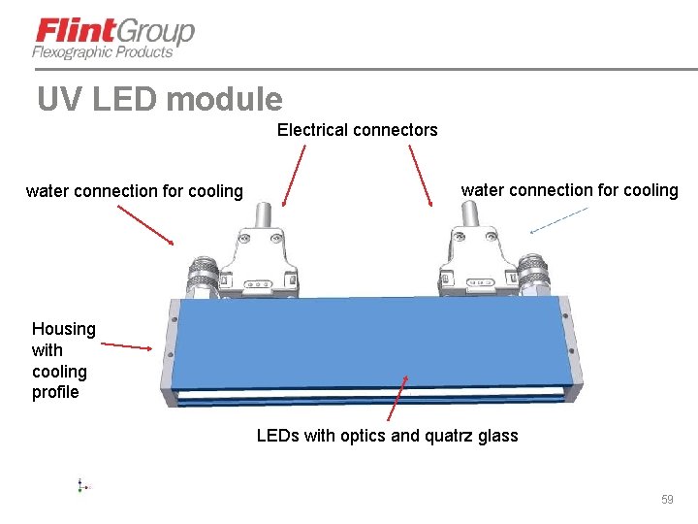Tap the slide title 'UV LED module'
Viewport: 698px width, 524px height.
pyautogui.click(x=160, y=99)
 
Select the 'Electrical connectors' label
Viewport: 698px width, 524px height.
pyautogui.click(x=357, y=130)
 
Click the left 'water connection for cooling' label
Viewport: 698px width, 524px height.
pyautogui.click(x=135, y=191)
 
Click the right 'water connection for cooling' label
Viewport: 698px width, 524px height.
pyautogui.click(x=569, y=190)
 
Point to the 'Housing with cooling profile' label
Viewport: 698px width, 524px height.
pyautogui.click(x=63, y=360)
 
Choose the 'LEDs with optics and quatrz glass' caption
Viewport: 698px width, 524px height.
pyautogui.click(x=387, y=436)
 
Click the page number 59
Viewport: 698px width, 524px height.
pyautogui.click(x=666, y=499)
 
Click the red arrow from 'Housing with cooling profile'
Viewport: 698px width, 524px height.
pyautogui.click(x=127, y=344)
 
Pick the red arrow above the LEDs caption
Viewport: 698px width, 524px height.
pyautogui.click(x=398, y=399)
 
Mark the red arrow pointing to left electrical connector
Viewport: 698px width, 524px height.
pyautogui.click(x=294, y=175)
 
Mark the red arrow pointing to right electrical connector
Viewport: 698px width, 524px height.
pyautogui.click(x=421, y=175)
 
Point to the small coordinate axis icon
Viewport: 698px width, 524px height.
pyautogui.click(x=82, y=485)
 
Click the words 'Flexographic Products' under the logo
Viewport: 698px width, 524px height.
pyautogui.click(x=103, y=52)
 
